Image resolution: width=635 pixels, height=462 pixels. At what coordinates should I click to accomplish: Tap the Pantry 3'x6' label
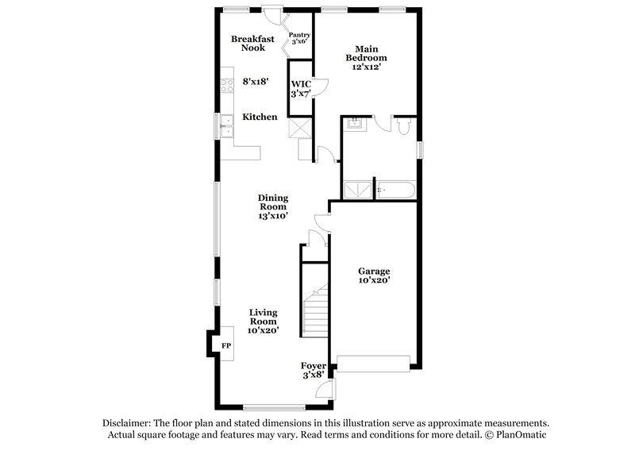(x=299, y=37)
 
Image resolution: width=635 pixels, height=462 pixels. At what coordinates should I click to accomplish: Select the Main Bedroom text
(x=365, y=53)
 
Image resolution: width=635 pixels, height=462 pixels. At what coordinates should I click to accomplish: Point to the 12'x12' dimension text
(x=366, y=68)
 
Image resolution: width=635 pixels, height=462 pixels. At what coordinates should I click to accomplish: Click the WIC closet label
(x=300, y=89)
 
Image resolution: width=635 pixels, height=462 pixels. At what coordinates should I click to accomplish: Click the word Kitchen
(x=260, y=117)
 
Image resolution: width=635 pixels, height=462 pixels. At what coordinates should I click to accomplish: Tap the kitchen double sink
(x=227, y=123)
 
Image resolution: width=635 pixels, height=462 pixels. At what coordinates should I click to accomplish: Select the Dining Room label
(x=272, y=202)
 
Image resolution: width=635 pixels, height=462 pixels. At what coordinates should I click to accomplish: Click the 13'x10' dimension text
(x=272, y=215)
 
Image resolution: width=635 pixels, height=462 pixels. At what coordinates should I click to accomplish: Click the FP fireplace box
(x=225, y=345)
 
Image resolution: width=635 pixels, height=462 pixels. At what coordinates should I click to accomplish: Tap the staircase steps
(x=316, y=314)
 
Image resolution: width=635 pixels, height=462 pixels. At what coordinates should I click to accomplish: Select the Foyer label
(x=314, y=366)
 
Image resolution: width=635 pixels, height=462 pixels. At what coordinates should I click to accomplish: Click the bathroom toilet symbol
(x=402, y=125)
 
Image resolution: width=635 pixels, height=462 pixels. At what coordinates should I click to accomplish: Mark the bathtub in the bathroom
(x=394, y=190)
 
